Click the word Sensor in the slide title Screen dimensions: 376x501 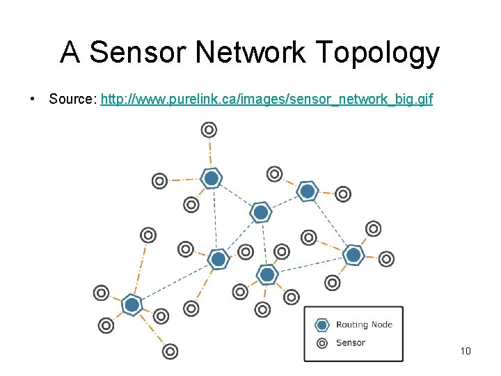pyautogui.click(x=132, y=53)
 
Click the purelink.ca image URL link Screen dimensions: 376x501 pyautogui.click(x=267, y=100)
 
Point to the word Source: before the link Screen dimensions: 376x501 pyautogui.click(x=72, y=100)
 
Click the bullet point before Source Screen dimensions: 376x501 pyautogui.click(x=33, y=100)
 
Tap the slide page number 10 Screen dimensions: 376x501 pyautogui.click(x=466, y=351)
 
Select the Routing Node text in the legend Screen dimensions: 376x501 pyautogui.click(x=364, y=324)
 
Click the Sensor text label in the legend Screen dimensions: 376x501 pyautogui.click(x=350, y=343)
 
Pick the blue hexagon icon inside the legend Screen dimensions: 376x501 pyautogui.click(x=321, y=324)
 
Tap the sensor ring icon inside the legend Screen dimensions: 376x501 pyautogui.click(x=321, y=343)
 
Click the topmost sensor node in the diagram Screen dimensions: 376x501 pyautogui.click(x=209, y=130)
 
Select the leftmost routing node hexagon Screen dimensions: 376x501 pyautogui.click(x=132, y=305)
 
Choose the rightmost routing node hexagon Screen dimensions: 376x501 pyautogui.click(x=353, y=256)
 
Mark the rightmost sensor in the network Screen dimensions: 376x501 pyautogui.click(x=386, y=259)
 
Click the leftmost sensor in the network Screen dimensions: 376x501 pyautogui.click(x=101, y=293)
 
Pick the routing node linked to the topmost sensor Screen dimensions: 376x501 pyautogui.click(x=212, y=179)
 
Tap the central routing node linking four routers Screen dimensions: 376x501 pyautogui.click(x=260, y=212)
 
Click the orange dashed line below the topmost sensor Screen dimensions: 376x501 pyautogui.click(x=209, y=153)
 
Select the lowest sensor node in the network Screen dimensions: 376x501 pyautogui.click(x=170, y=352)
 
